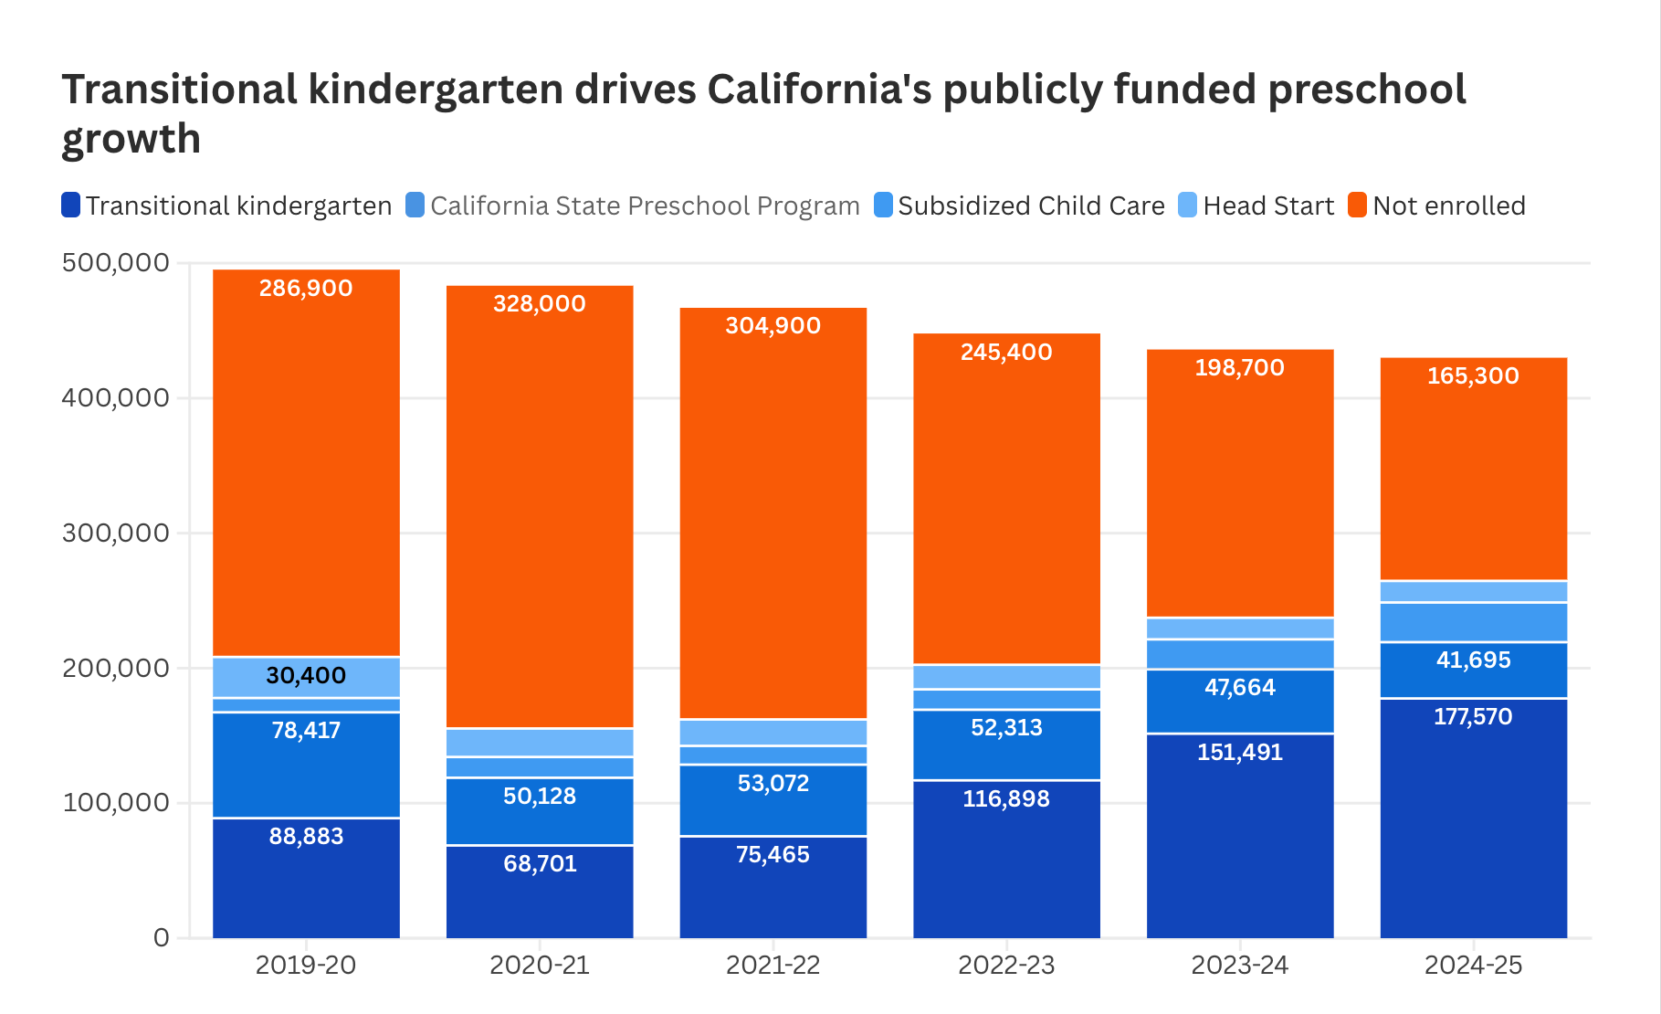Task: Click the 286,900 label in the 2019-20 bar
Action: pyautogui.click(x=306, y=289)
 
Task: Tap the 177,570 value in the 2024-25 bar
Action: pyautogui.click(x=1473, y=717)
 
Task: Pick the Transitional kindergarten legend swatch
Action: pyautogui.click(x=71, y=206)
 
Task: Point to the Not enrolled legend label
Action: pyautogui.click(x=1448, y=206)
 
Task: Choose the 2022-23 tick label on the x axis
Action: pyautogui.click(x=1006, y=966)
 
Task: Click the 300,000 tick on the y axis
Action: pyautogui.click(x=116, y=533)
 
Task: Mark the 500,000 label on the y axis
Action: pyautogui.click(x=116, y=263)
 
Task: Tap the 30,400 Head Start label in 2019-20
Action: pyautogui.click(x=306, y=676)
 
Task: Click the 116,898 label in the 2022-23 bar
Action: pyautogui.click(x=1006, y=799)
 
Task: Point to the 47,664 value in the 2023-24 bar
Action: pyautogui.click(x=1240, y=688)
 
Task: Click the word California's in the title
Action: pyautogui.click(x=819, y=90)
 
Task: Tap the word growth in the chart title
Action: pyautogui.click(x=131, y=140)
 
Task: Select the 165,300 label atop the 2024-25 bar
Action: pyautogui.click(x=1473, y=376)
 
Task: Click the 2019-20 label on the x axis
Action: pyautogui.click(x=306, y=966)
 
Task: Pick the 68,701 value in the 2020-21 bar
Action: pyautogui.click(x=540, y=864)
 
